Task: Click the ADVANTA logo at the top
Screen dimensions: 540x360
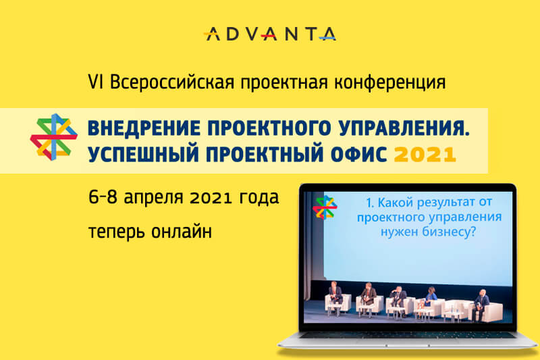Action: tap(269, 34)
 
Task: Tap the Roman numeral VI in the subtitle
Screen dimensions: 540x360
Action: tap(95, 82)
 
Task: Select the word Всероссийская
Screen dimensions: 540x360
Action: tap(172, 82)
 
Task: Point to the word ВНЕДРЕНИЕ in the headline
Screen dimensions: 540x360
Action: tap(144, 128)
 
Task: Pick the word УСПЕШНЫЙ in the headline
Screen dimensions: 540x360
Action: tap(143, 154)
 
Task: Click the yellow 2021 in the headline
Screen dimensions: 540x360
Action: tap(425, 155)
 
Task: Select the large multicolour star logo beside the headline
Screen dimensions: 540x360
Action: tap(53, 136)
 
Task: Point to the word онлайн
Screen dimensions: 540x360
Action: tap(182, 231)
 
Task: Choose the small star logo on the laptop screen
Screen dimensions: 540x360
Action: tap(325, 207)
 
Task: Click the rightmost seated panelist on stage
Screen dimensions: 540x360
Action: tap(481, 303)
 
